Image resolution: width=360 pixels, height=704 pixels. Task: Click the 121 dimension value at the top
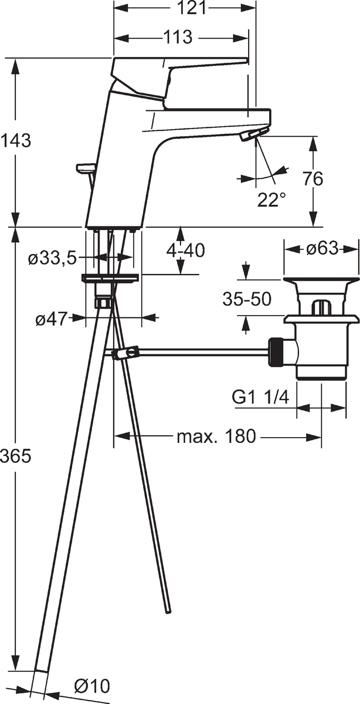(192, 8)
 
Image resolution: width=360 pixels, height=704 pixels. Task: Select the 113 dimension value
(177, 38)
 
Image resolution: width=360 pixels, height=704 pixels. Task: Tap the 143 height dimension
(15, 140)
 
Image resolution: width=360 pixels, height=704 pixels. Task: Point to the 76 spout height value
(313, 179)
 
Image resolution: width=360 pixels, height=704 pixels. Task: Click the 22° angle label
(271, 199)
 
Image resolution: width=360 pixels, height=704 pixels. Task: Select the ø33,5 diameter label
(52, 258)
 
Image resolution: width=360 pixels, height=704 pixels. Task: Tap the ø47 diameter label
(52, 320)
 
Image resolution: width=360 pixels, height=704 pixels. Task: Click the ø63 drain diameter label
(322, 249)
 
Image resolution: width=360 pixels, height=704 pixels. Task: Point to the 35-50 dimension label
(247, 299)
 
